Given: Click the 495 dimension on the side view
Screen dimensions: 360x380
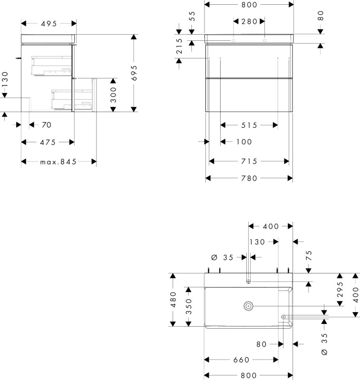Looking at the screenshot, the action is coord(49,23).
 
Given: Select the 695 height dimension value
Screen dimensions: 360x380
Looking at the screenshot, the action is coord(134,73).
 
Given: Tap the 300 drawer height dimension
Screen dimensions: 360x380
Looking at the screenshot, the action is coord(113,95).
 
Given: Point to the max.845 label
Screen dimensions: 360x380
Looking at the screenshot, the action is coord(58,161).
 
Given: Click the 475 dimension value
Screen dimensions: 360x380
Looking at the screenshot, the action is coord(48,142).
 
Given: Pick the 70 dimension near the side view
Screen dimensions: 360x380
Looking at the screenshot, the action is coord(46,125).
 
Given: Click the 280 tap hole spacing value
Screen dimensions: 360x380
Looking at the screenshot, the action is coord(249,21).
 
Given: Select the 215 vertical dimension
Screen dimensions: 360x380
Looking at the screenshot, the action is coord(179,46).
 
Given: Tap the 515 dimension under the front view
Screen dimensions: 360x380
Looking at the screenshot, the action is coord(249,125).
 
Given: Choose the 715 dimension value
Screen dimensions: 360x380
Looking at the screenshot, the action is coord(249,161).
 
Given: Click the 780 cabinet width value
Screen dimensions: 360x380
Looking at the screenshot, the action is coord(249,179).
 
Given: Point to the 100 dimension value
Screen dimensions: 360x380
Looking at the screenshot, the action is coord(244,142).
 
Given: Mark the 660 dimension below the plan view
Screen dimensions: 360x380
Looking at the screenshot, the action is coord(242,360).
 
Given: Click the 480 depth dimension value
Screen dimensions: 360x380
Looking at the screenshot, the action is coord(173,300).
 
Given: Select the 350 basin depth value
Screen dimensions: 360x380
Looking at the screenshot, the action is coord(188,306).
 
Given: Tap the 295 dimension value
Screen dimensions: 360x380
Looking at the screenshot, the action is coord(340,289).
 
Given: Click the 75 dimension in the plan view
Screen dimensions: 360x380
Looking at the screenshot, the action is coord(309,256).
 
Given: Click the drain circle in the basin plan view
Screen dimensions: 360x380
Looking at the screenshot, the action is coord(248,306).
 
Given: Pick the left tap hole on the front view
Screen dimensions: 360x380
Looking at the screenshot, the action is coord(234,40).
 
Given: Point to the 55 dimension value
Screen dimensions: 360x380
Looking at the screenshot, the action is coord(192,16).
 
